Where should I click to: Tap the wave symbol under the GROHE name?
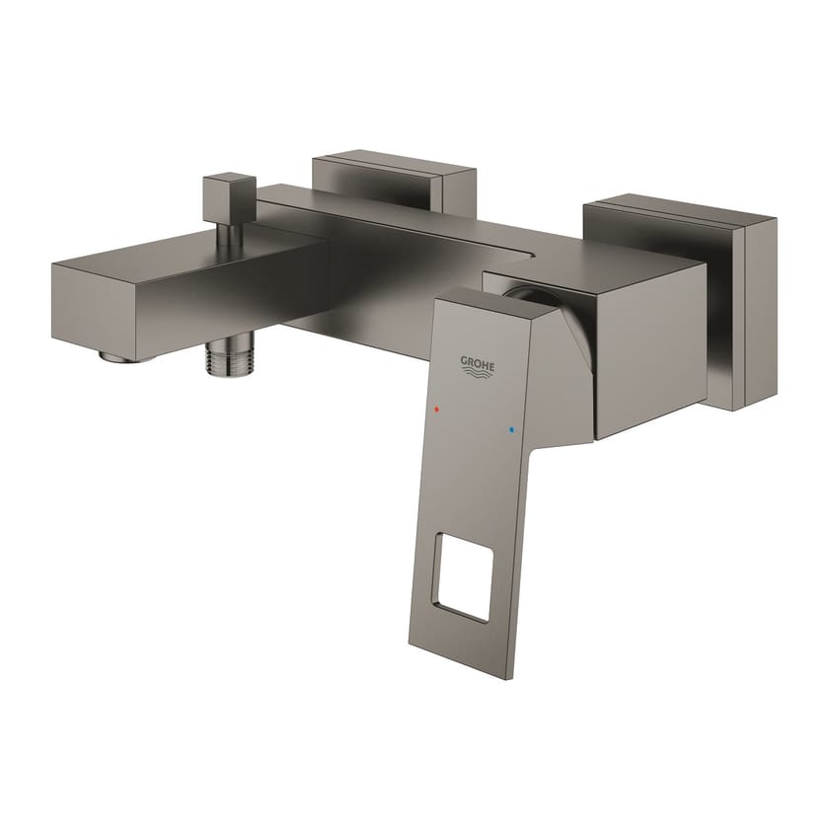[x=477, y=375]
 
